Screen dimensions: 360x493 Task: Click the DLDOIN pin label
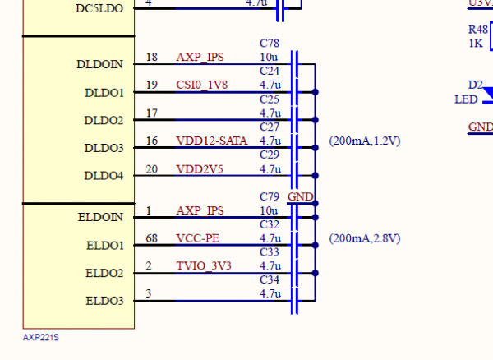[100, 64]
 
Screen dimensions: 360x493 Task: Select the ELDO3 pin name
[104, 301]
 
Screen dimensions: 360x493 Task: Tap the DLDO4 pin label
[104, 176]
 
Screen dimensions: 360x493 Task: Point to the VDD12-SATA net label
[210, 141]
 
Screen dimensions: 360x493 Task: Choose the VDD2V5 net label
[199, 169]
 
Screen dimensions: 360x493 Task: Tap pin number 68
[150, 238]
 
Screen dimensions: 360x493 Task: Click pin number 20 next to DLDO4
[150, 169]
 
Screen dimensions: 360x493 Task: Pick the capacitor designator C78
[269, 44]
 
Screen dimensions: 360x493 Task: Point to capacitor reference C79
[269, 197]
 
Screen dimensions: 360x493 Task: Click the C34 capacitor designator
[269, 280]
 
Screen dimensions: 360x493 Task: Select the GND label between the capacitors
[300, 197]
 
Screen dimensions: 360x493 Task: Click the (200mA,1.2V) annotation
[364, 141]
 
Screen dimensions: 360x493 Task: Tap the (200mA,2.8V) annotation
[364, 238]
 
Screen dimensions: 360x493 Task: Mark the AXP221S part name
[42, 337]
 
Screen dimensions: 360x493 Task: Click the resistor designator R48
[477, 29]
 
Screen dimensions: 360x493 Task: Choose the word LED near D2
[466, 99]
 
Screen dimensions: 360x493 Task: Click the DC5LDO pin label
[99, 7]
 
